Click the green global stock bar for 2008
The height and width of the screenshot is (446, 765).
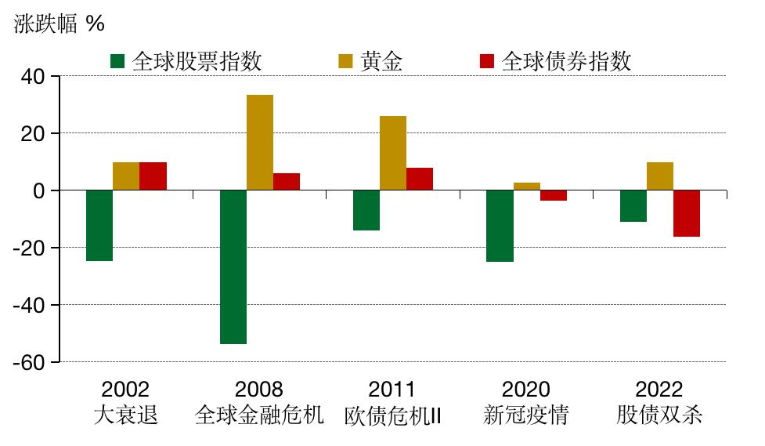pos(233,267)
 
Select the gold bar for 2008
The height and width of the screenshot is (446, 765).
pos(260,143)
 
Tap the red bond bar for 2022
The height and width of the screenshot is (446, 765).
pos(687,213)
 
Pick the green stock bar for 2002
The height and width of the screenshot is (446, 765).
pos(99,226)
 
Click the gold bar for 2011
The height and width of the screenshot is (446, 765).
pos(393,153)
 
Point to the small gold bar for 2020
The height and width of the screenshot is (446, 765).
pos(527,187)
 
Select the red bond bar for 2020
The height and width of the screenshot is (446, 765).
pos(554,196)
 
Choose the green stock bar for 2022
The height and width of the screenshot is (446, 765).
pos(633,206)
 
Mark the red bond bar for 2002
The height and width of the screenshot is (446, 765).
pos(153,176)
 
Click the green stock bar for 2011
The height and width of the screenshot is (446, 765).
pos(366,210)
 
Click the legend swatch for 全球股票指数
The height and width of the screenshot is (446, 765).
pos(118,61)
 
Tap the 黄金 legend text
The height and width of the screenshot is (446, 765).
pos(381,61)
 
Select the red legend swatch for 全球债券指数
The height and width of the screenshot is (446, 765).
pos(486,61)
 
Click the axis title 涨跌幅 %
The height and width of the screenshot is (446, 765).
pos(59,24)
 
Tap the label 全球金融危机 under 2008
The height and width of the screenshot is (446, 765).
pos(259,415)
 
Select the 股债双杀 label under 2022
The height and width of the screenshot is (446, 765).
pos(659,415)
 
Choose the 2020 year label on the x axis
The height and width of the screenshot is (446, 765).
pos(526,389)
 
